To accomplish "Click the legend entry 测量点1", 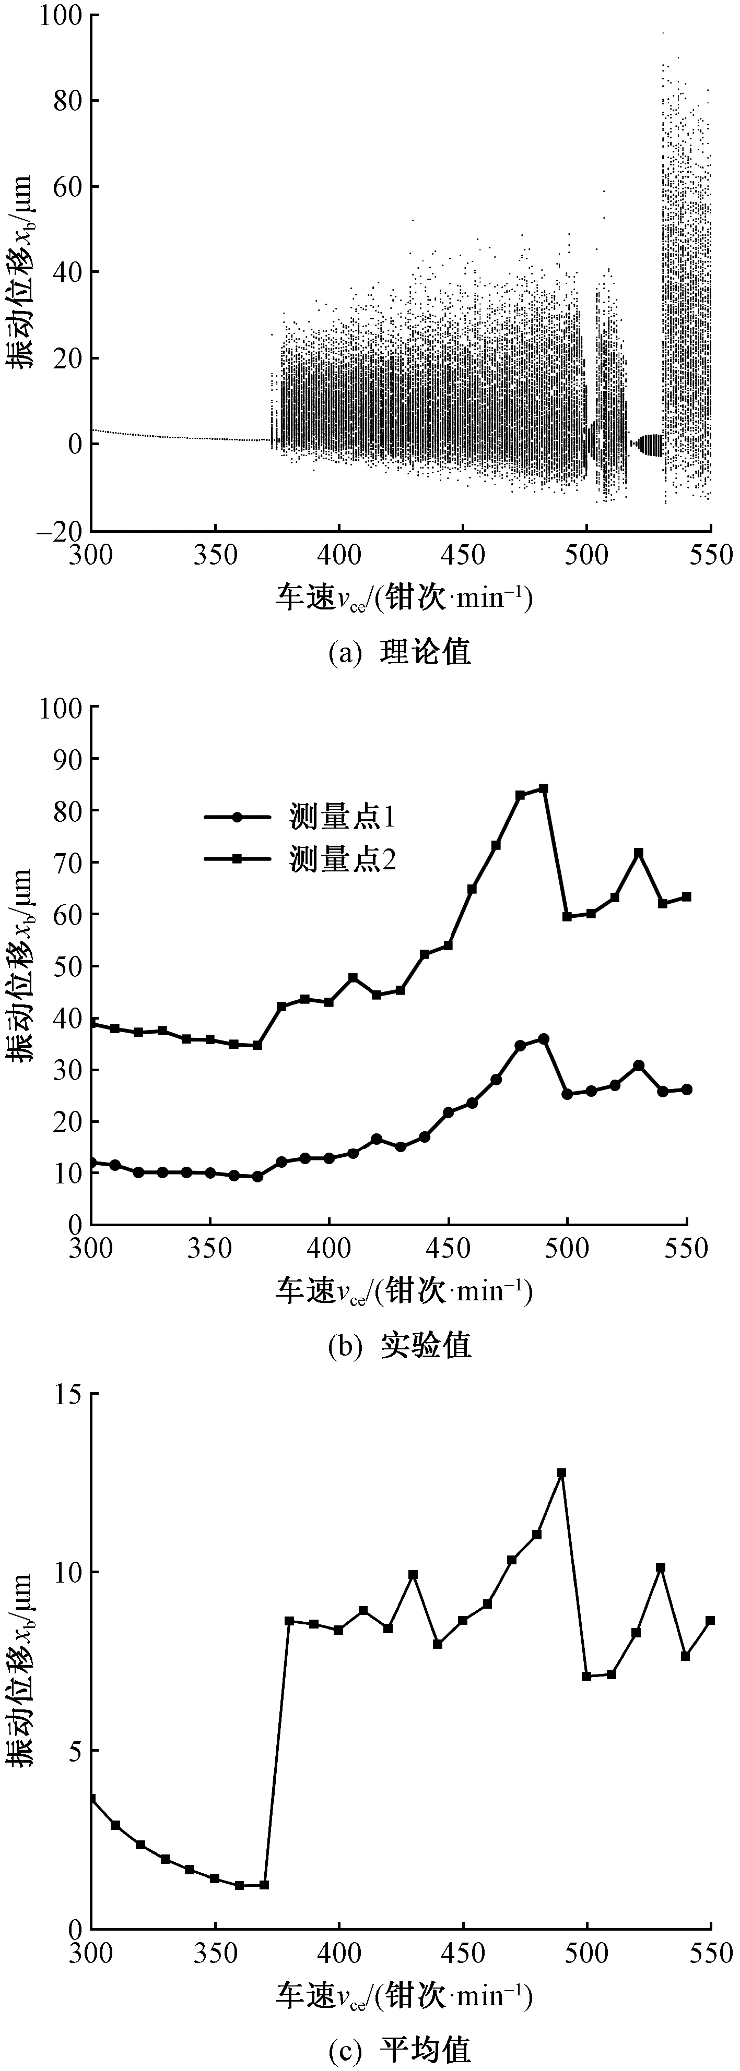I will click(x=342, y=818).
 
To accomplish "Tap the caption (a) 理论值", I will click(x=400, y=651).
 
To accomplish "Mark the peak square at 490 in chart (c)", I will click(x=561, y=1474).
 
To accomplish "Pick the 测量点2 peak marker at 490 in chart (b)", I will click(x=544, y=788).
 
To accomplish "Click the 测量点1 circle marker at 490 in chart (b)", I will click(x=544, y=1039).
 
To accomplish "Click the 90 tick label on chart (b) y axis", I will click(x=64, y=759).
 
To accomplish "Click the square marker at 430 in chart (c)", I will click(x=413, y=1575).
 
